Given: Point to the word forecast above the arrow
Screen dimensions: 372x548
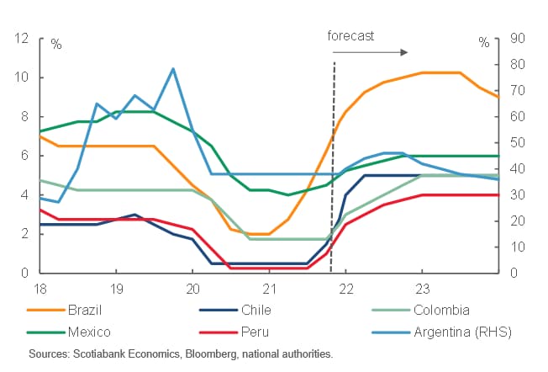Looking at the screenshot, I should [351, 36].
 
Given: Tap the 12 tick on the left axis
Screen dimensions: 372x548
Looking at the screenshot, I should [22, 39].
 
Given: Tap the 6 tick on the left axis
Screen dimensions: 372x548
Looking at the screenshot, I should [25, 156].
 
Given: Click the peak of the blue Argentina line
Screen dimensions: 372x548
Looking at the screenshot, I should [173, 69].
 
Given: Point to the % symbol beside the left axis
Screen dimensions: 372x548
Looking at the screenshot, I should [55, 42].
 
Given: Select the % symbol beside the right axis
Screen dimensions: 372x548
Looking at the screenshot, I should [483, 42].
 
